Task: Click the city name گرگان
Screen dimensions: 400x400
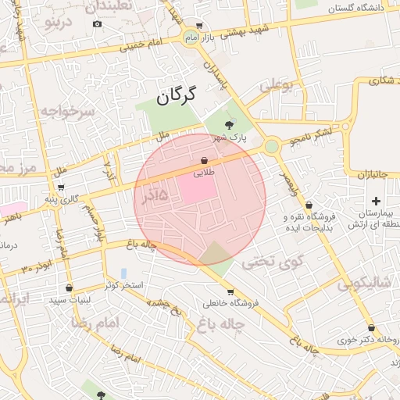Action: click(x=173, y=97)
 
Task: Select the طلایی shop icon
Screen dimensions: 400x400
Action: click(x=204, y=159)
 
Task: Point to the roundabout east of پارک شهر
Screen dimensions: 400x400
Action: click(x=271, y=146)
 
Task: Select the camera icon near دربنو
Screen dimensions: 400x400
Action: click(x=97, y=23)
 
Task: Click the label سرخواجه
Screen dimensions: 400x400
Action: click(x=66, y=112)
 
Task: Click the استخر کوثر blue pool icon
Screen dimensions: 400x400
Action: click(x=123, y=273)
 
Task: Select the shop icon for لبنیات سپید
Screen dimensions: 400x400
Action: click(x=70, y=287)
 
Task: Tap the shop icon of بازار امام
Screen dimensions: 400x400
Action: click(x=198, y=25)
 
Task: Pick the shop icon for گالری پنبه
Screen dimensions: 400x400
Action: click(x=61, y=187)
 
